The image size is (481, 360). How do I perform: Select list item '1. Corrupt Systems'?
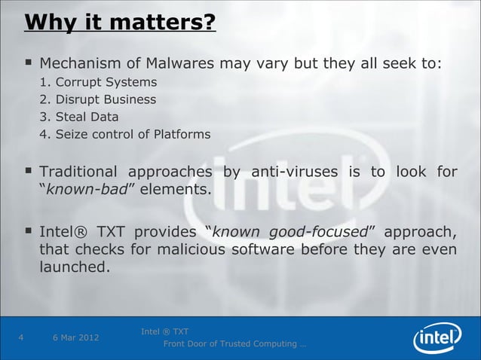click(x=99, y=82)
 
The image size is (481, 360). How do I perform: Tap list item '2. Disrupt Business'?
click(x=98, y=99)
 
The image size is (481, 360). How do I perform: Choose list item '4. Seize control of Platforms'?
click(x=125, y=135)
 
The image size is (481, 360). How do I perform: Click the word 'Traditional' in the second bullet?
click(x=83, y=172)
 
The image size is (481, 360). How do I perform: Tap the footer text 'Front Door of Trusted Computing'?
click(x=230, y=344)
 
